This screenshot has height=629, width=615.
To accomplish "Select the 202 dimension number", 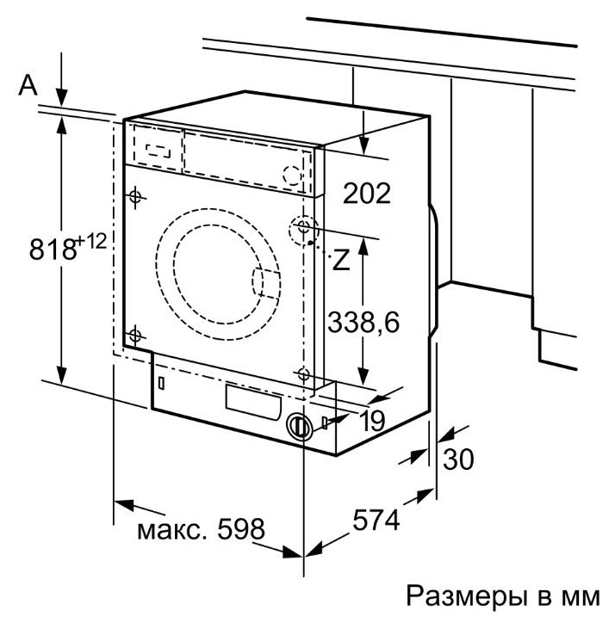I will point(367,192).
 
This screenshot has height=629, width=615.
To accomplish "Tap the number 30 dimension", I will point(457,459).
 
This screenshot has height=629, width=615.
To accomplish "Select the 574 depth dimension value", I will point(376,520).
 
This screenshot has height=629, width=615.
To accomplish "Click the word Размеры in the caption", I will point(457,595).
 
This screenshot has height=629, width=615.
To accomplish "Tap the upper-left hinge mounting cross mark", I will point(135,197).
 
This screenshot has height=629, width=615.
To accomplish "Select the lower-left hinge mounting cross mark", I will point(135,335).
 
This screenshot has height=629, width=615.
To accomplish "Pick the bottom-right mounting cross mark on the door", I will point(302,373).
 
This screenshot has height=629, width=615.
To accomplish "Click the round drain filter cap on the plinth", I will point(298,426).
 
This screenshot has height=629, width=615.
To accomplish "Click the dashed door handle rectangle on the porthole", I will point(264,284).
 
